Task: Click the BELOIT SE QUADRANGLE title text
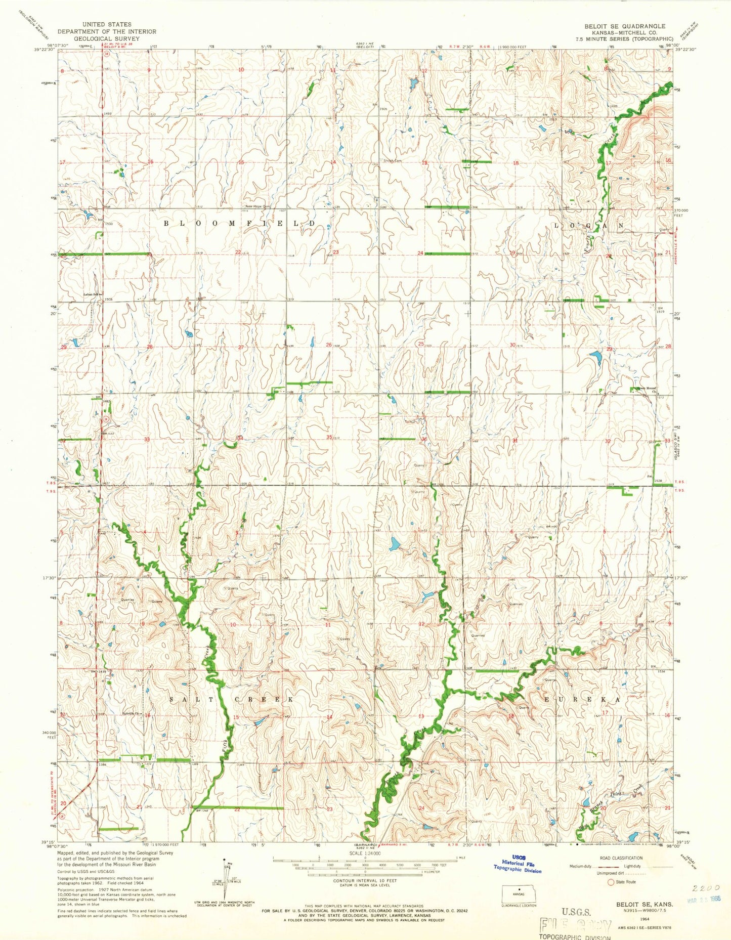(625, 26)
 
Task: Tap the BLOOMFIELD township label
(239, 223)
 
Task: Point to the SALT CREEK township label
(232, 699)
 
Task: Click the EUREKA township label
(582, 699)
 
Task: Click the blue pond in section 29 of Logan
(595, 358)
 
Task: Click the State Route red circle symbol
(611, 882)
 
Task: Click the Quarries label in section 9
(127, 600)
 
